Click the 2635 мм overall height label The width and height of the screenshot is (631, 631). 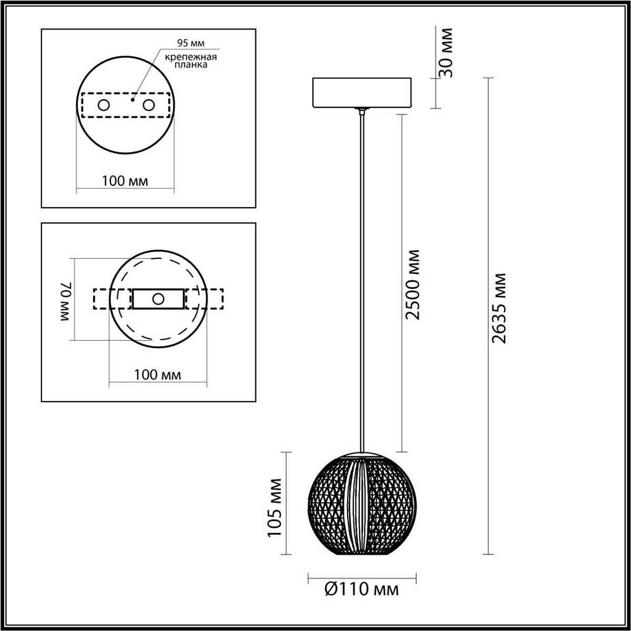(498, 308)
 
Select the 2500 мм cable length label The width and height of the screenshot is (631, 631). (413, 284)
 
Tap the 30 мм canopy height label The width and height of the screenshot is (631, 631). (446, 52)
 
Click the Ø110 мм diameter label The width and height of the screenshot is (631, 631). (362, 589)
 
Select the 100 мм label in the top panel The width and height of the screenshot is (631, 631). (125, 181)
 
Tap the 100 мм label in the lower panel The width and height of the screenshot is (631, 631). (157, 374)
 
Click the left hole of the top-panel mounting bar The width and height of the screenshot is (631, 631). (104, 105)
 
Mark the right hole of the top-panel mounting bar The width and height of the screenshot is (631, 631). (149, 105)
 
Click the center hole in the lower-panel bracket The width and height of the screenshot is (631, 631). (158, 299)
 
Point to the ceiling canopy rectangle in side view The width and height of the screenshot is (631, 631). (361, 93)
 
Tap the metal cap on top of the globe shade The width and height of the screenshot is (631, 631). (361, 454)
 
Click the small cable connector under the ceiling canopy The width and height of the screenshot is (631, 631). (361, 111)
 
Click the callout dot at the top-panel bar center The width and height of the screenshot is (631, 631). (133, 98)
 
